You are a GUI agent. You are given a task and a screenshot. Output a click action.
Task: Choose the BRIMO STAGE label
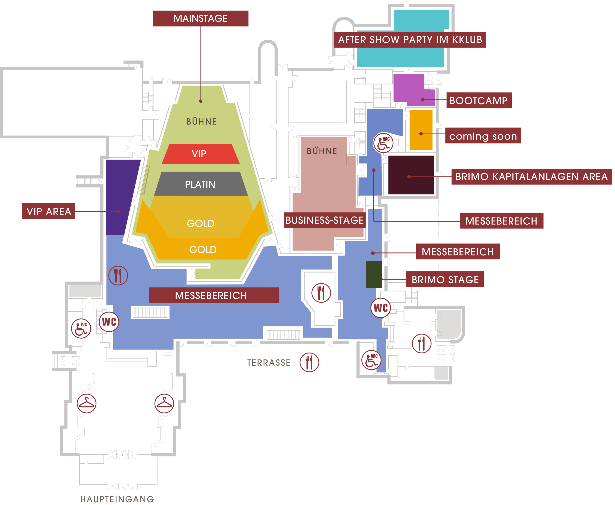pos(445,280)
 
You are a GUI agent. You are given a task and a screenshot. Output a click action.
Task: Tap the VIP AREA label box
pos(49,211)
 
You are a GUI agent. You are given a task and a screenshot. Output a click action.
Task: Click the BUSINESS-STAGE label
pos(324,220)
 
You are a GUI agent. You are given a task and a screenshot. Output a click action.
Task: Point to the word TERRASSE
pos(269,363)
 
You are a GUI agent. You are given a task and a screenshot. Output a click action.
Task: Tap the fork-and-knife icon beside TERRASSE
pos(309,363)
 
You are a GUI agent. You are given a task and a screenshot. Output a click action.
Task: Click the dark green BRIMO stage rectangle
pos(374,274)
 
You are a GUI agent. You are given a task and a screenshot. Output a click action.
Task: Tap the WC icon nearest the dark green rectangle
pos(380,308)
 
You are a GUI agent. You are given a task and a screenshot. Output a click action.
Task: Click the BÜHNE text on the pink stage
pos(322,151)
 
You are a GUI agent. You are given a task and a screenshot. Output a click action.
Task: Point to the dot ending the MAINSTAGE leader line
pos(201,101)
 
